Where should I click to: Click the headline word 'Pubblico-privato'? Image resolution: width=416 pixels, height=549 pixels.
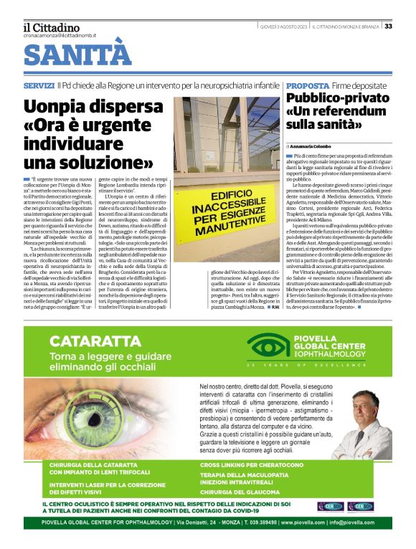pos(336,98)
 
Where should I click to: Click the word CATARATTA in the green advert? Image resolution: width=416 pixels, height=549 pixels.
pos(90,340)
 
